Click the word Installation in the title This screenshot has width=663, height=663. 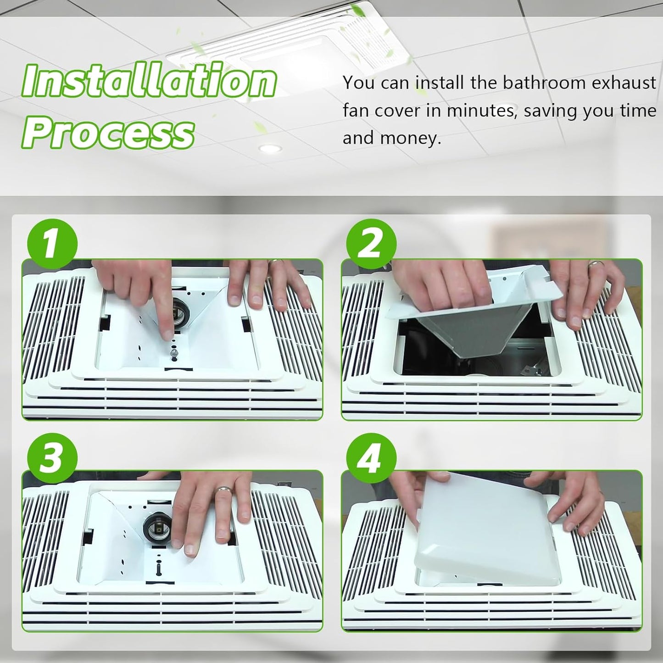150,80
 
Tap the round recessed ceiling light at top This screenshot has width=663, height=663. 270,149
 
